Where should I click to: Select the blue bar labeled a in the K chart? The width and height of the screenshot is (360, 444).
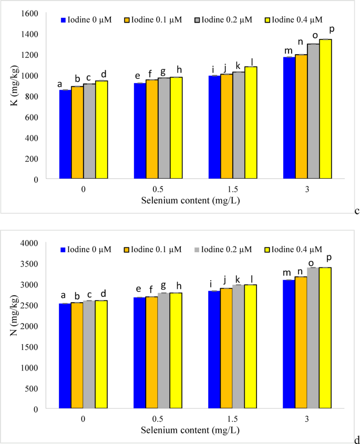[65, 135]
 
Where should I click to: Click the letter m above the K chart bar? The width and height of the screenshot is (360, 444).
[288, 51]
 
